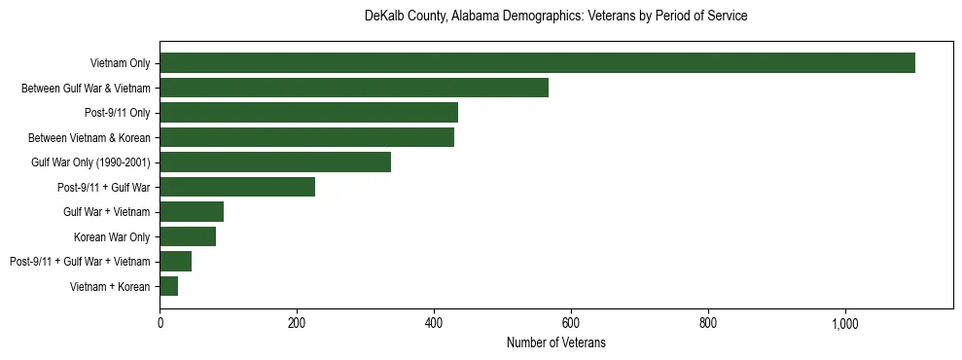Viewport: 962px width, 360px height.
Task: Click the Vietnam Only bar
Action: tap(537, 63)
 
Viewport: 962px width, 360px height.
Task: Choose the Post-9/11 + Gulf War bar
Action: tap(237, 187)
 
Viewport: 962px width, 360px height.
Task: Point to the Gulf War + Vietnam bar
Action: tap(192, 212)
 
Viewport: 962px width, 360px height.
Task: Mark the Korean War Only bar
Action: tap(188, 236)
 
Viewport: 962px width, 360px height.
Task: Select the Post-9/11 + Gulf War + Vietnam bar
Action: tap(175, 261)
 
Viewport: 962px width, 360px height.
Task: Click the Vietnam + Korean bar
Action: tap(168, 286)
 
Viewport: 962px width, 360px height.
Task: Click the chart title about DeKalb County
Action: tap(555, 17)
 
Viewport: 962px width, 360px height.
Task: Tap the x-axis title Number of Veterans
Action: tap(555, 342)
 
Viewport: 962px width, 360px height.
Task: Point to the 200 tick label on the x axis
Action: tap(297, 323)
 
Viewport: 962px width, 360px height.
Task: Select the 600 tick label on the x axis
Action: tap(571, 323)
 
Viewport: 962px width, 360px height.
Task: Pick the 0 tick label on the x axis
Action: tap(160, 323)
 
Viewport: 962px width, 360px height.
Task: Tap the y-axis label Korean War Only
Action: tap(111, 236)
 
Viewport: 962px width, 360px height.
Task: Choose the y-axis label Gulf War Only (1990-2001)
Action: tap(89, 162)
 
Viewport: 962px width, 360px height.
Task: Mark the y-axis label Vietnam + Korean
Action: tap(110, 286)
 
